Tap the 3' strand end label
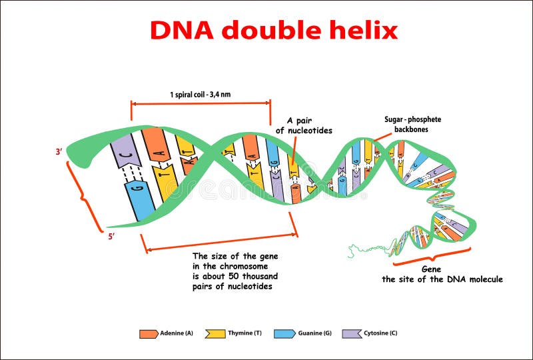pyautogui.click(x=59, y=152)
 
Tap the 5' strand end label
pyautogui.click(x=111, y=237)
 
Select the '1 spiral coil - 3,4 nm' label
pyautogui.click(x=201, y=94)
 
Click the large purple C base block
pyautogui.click(x=126, y=151)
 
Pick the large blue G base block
pyautogui.click(x=140, y=201)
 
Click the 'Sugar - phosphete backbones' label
pyautogui.click(x=412, y=124)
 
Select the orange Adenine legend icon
pyautogui.click(x=149, y=334)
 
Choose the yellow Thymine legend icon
pyautogui.click(x=215, y=334)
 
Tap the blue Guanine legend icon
pyautogui.click(x=284, y=334)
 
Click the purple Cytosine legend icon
pyautogui.click(x=352, y=334)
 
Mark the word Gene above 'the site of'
pyautogui.click(x=431, y=269)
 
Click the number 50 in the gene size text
pyautogui.click(x=234, y=276)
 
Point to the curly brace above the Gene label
pyautogui.click(x=432, y=257)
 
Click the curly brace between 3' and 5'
pyautogui.click(x=83, y=197)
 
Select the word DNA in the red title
pyautogui.click(x=182, y=30)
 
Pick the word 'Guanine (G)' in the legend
pyautogui.click(x=314, y=333)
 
